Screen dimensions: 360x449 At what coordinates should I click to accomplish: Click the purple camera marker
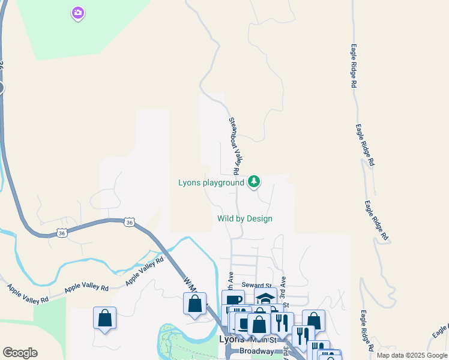[77, 12]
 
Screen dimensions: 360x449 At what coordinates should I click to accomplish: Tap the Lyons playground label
[211, 182]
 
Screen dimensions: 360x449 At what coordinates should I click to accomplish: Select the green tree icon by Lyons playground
[255, 181]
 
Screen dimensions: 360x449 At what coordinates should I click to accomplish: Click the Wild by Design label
[245, 218]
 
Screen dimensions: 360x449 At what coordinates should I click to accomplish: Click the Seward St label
[257, 286]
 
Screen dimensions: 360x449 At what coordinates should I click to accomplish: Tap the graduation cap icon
[265, 298]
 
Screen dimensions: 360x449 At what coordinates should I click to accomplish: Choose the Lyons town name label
[232, 339]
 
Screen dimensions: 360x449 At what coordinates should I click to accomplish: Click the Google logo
[20, 353]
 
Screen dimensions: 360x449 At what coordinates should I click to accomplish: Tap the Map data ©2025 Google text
[412, 355]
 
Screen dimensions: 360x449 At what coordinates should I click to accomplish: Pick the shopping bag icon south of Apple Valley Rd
[104, 317]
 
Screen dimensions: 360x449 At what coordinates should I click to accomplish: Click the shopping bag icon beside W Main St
[194, 303]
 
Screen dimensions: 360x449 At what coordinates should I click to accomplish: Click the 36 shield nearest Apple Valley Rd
[130, 222]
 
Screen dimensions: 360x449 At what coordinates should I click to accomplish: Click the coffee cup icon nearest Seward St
[233, 300]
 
